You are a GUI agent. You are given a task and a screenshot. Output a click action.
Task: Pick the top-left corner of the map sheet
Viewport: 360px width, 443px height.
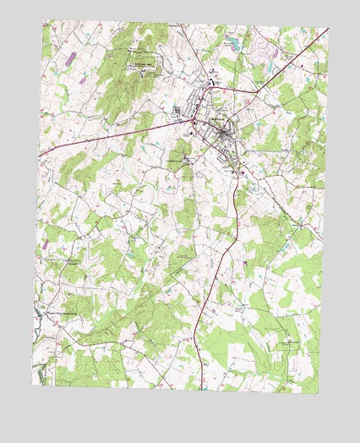pyautogui.click(x=44, y=20)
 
